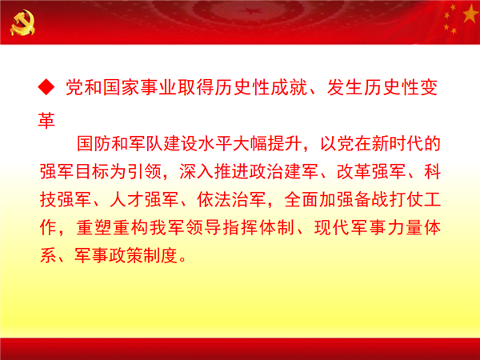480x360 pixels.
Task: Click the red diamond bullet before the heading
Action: (46, 87)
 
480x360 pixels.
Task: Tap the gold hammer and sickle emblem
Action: (22, 22)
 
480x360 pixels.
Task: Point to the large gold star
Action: (470, 14)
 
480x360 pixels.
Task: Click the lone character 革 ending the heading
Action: (46, 121)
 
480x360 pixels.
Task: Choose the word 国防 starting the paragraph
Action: (94, 143)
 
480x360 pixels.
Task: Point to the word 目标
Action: (92, 171)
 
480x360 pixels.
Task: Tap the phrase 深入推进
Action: (214, 171)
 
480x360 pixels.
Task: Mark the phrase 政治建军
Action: (284, 171)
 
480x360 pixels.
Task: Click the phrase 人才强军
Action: (144, 199)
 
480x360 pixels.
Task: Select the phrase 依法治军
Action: (231, 199)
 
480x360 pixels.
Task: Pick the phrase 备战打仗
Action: (389, 199)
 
